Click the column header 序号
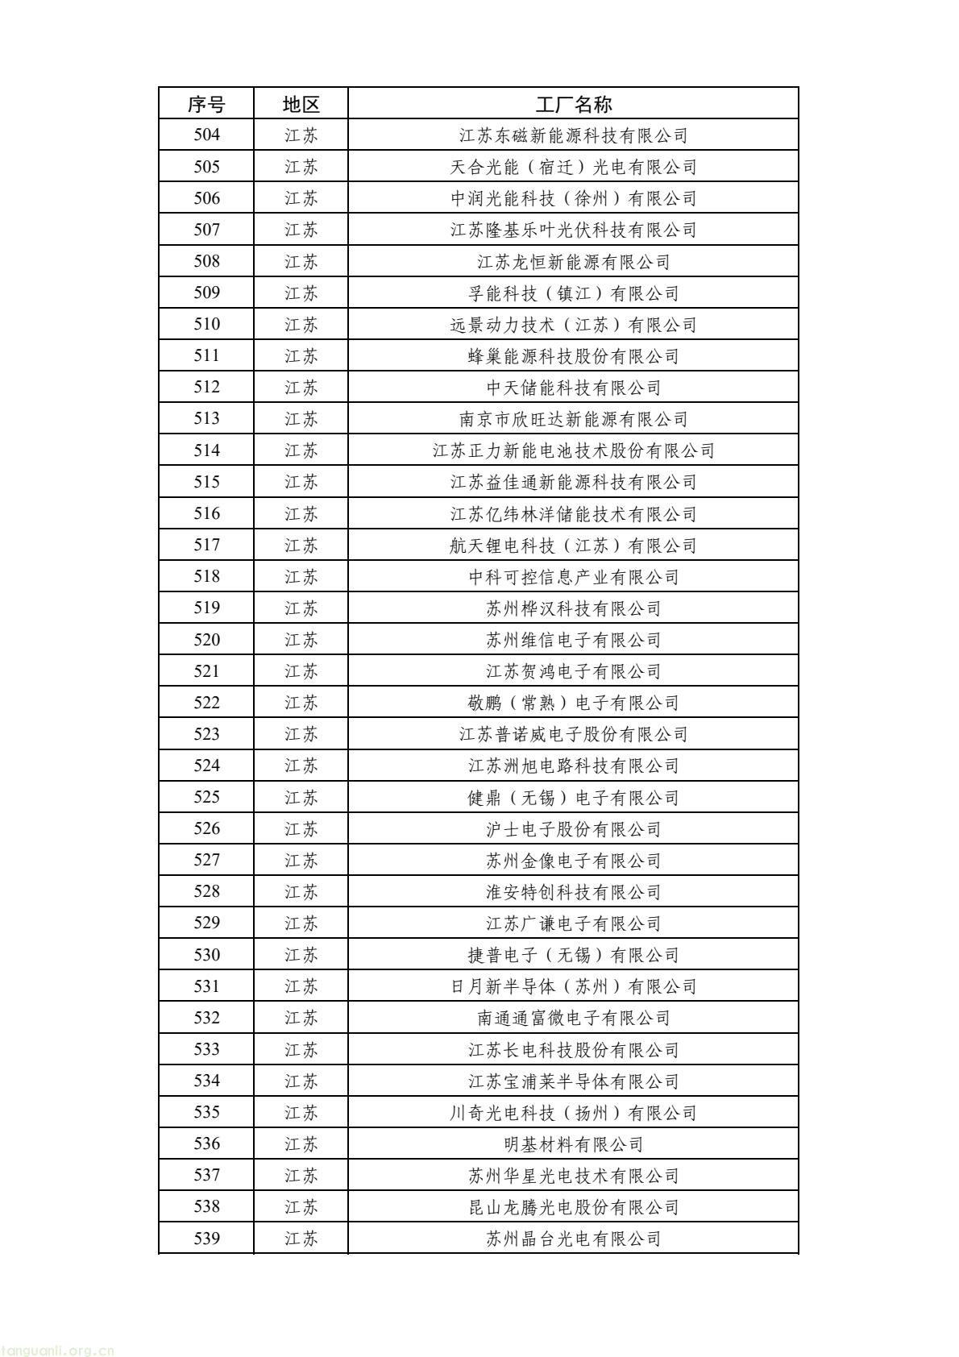206,104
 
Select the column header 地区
301,104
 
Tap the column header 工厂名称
573,104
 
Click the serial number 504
206,135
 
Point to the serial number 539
206,1239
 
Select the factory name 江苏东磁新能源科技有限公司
573,135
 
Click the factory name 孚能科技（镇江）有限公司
573,293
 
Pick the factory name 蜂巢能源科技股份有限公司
573,356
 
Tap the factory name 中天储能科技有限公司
573,388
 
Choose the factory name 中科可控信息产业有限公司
573,577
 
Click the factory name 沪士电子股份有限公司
573,829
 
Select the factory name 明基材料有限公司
573,1144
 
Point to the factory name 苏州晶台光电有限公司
573,1239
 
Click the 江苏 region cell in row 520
301,640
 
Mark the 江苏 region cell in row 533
301,1050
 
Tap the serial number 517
206,546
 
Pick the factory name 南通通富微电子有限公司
573,1019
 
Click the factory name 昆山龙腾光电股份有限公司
573,1207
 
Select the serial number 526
206,829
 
